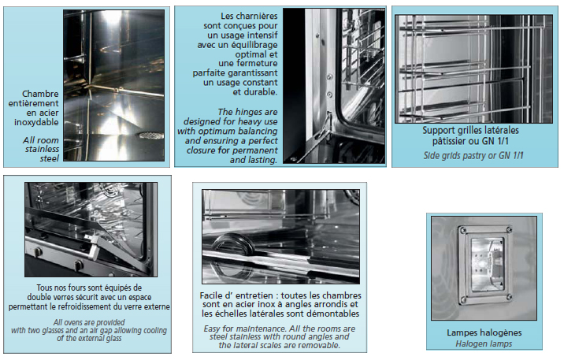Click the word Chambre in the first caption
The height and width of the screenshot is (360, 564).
(40, 94)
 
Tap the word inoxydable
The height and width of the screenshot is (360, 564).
(36, 122)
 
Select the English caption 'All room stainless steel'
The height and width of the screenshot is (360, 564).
(41, 149)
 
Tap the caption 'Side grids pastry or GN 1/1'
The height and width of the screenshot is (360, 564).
(473, 156)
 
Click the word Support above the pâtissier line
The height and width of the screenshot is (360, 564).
(439, 131)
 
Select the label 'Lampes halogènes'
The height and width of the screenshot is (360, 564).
(484, 332)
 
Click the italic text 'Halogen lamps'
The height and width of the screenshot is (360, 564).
(484, 344)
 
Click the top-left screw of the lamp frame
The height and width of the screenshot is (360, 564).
(461, 229)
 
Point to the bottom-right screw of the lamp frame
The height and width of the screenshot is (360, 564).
(509, 297)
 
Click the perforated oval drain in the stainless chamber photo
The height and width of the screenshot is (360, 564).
(150, 135)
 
